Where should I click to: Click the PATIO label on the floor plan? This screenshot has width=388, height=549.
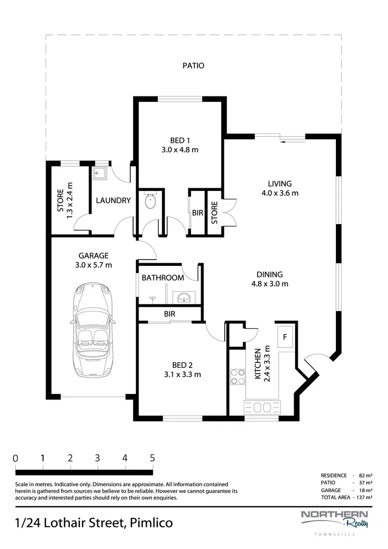point(194,66)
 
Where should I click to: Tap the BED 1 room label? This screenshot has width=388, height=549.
point(180,141)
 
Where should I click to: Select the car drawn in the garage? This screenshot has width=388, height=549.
point(93,329)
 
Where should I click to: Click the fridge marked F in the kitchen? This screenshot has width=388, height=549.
point(285,337)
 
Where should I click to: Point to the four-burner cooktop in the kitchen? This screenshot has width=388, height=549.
point(238,377)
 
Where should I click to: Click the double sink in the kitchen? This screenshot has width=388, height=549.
point(262,407)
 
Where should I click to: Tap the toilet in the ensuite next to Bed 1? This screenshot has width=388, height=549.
point(151,201)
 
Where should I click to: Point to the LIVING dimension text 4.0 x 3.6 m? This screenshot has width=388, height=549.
point(280,193)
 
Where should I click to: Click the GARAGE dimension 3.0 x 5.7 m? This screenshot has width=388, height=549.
point(93,265)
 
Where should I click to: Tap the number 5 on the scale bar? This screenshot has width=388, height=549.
point(152,458)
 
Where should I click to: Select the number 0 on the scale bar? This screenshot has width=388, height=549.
point(16,458)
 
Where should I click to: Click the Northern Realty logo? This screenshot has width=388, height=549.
point(335,521)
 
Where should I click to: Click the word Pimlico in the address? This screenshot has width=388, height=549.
point(151,523)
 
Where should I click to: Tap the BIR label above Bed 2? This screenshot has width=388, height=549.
point(170,314)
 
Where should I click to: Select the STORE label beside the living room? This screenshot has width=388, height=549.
point(215,212)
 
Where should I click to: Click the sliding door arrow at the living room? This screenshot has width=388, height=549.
point(292,142)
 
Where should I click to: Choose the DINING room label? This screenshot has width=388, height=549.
point(269,275)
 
